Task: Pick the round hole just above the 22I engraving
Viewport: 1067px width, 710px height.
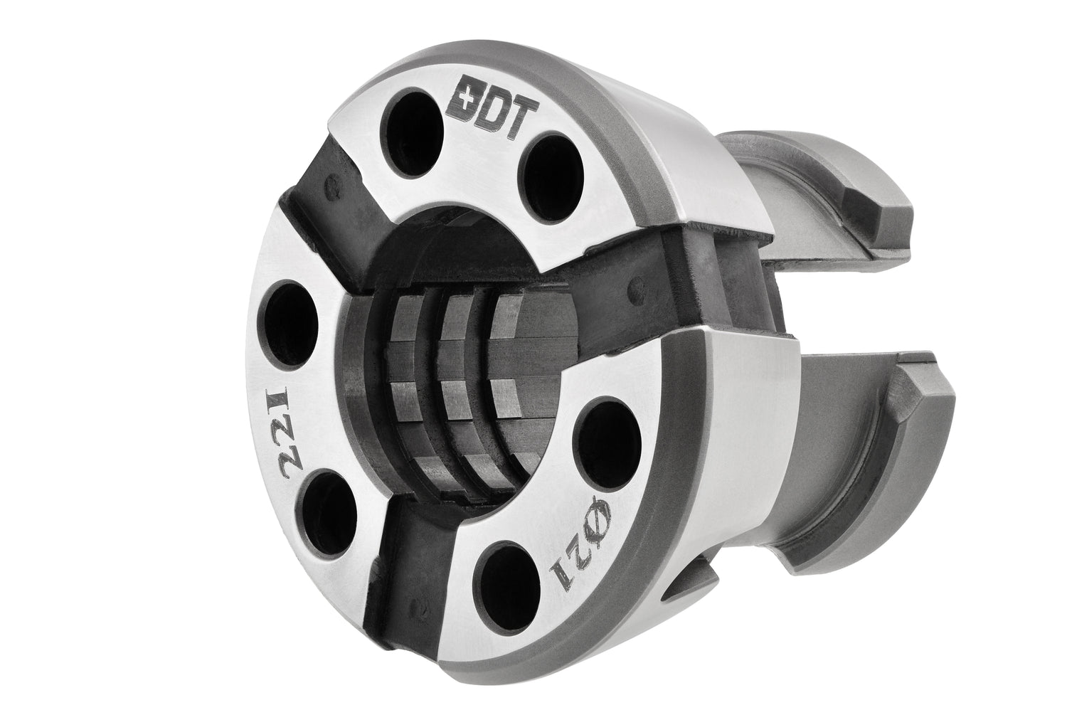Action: (x=290, y=324)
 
